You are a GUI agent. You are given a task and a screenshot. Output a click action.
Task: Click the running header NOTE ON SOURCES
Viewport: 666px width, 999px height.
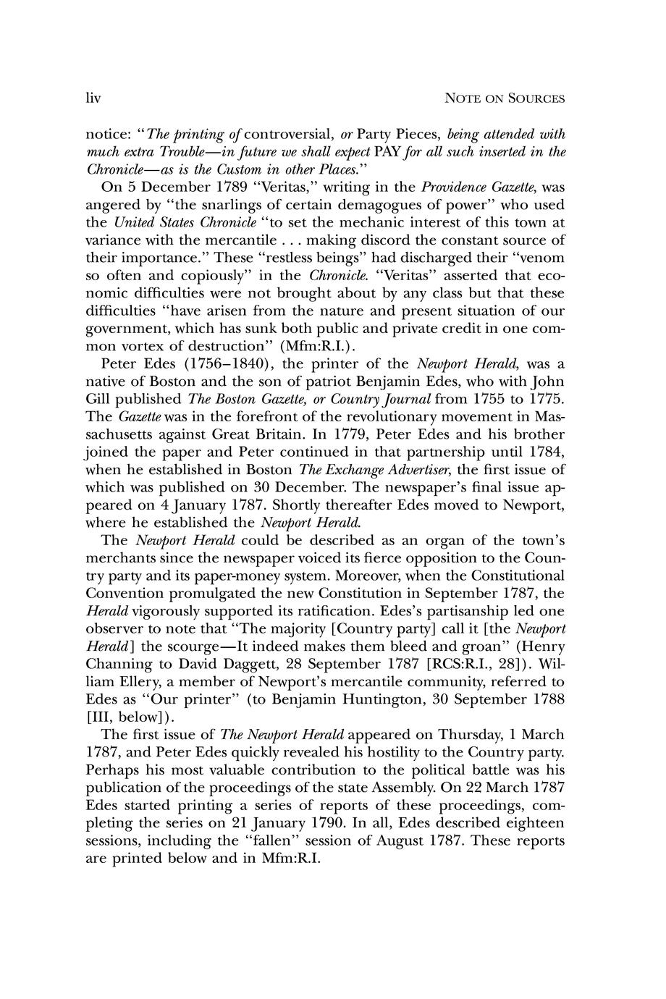coord(505,98)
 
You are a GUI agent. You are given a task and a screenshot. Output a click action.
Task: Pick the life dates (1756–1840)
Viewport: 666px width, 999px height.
coord(217,363)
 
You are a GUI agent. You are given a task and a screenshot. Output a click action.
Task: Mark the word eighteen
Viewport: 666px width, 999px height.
coord(531,822)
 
